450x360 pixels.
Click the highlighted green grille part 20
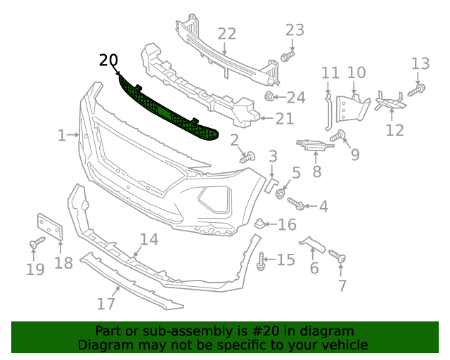(169, 112)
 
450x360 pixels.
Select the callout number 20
(108, 60)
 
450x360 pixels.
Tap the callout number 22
(226, 34)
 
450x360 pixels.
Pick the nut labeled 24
(269, 96)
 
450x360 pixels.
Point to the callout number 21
(284, 119)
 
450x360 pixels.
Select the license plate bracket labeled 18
(50, 228)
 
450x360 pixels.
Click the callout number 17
(105, 304)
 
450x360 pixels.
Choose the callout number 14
(148, 240)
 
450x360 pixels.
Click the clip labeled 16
(260, 224)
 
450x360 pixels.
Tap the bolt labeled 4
(297, 204)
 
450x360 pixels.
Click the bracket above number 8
(313, 145)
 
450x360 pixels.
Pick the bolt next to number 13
(416, 89)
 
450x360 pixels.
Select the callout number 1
(62, 135)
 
